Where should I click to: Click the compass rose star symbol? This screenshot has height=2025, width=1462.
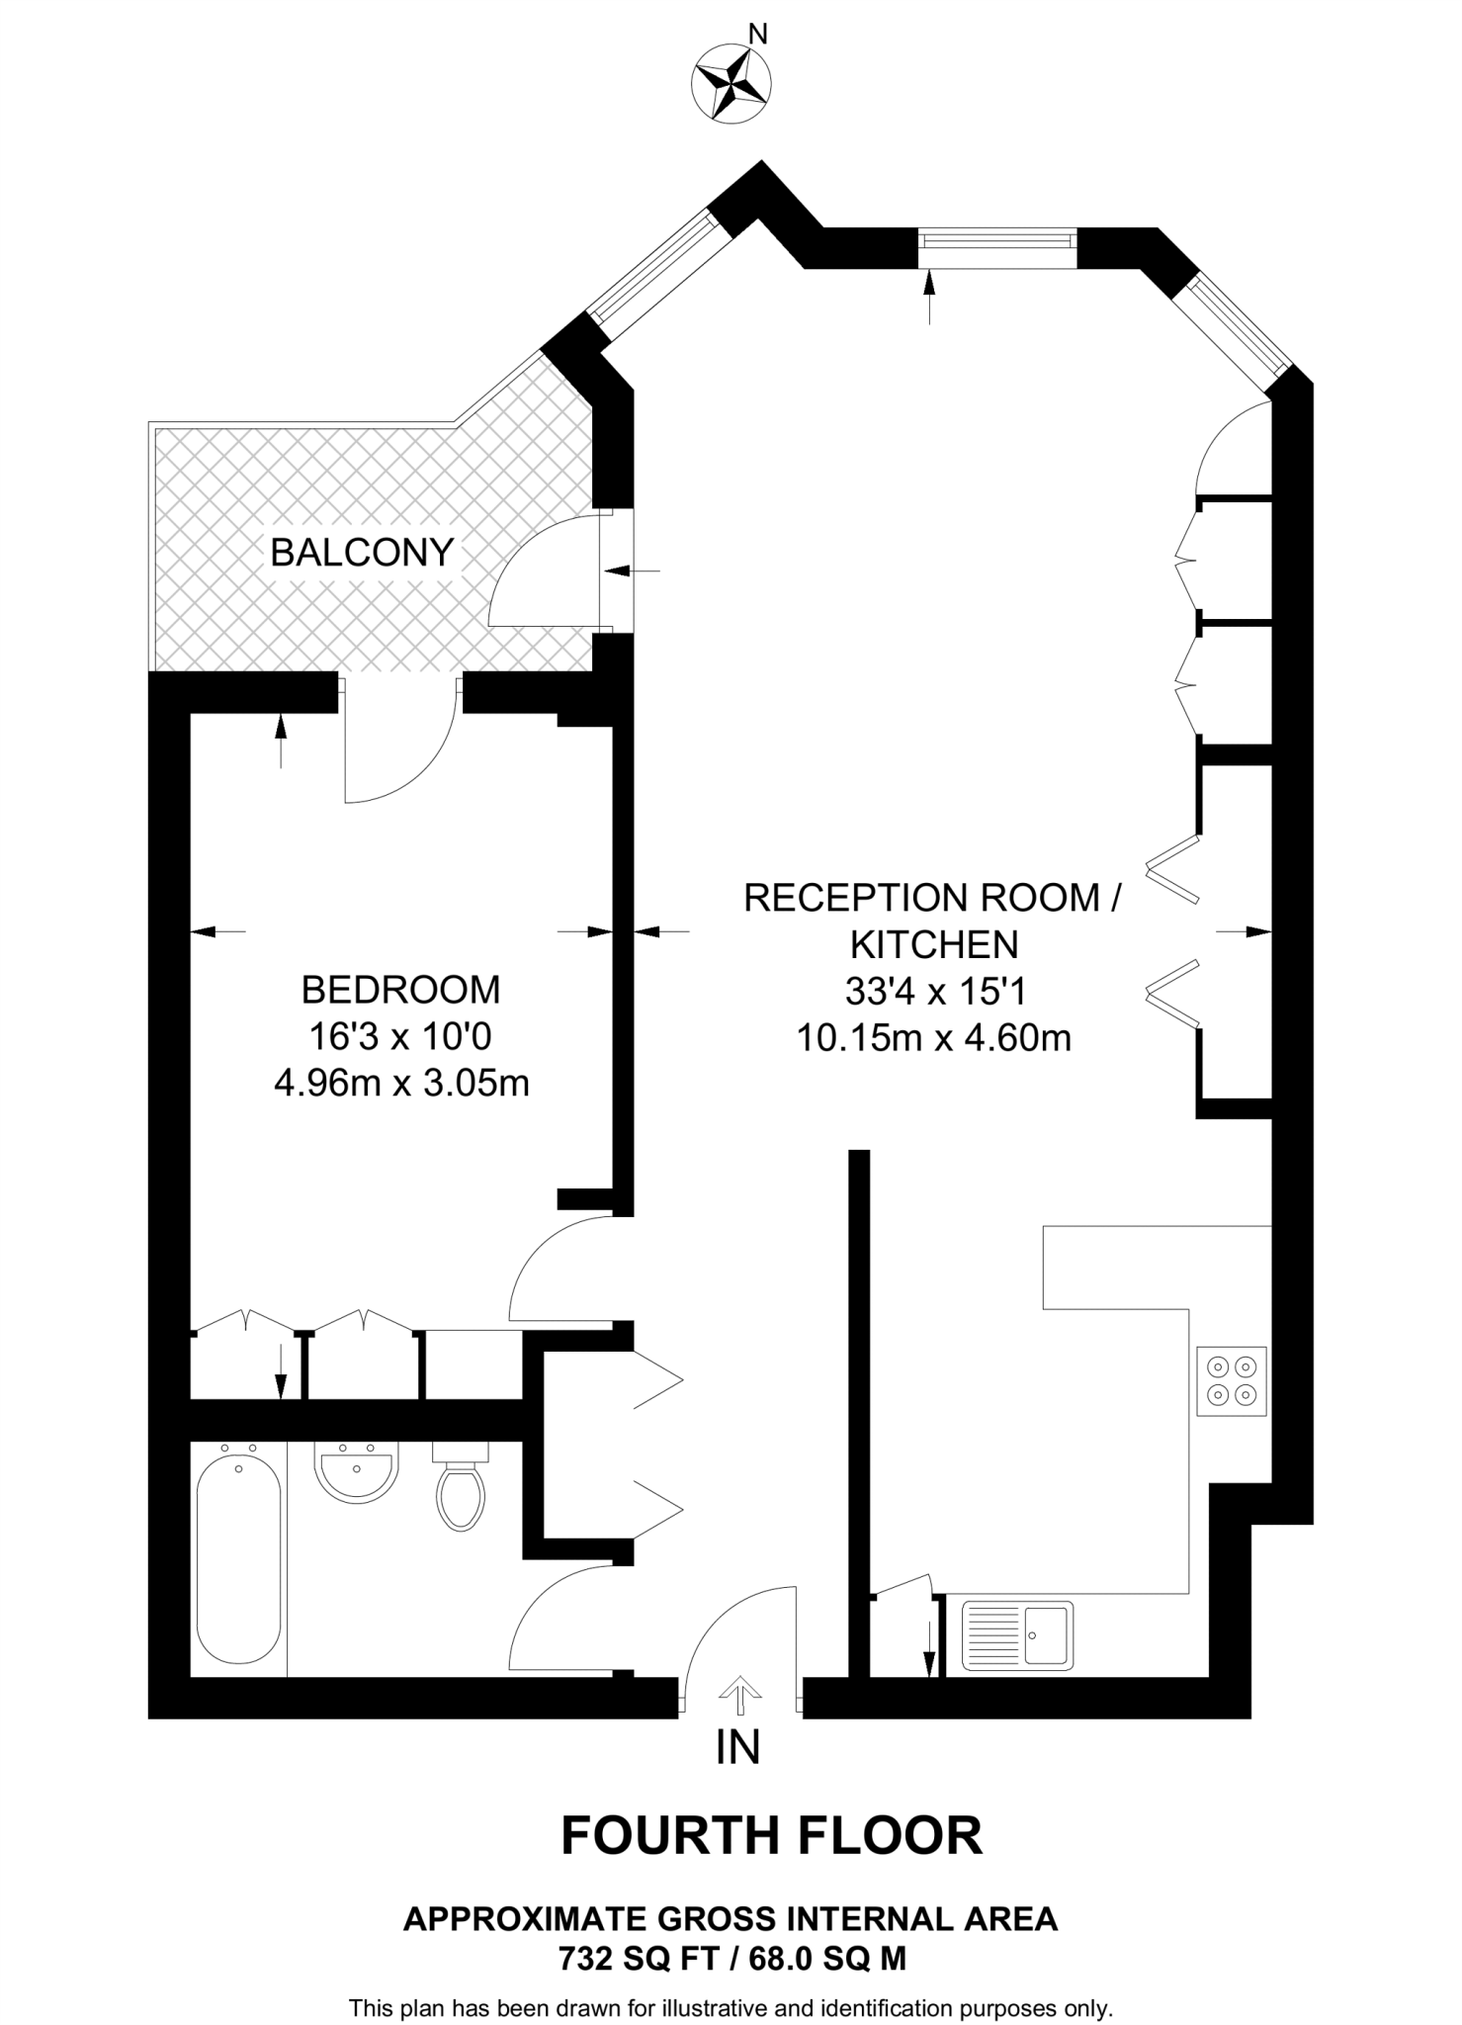(732, 85)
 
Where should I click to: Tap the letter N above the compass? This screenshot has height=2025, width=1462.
(758, 35)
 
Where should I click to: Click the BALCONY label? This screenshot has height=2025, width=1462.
(362, 552)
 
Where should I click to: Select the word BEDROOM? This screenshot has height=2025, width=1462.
(400, 989)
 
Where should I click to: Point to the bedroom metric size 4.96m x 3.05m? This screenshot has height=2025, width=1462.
(401, 1084)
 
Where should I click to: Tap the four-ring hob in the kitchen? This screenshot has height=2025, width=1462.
(1232, 1380)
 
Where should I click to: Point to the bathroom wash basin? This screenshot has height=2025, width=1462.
(357, 1471)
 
